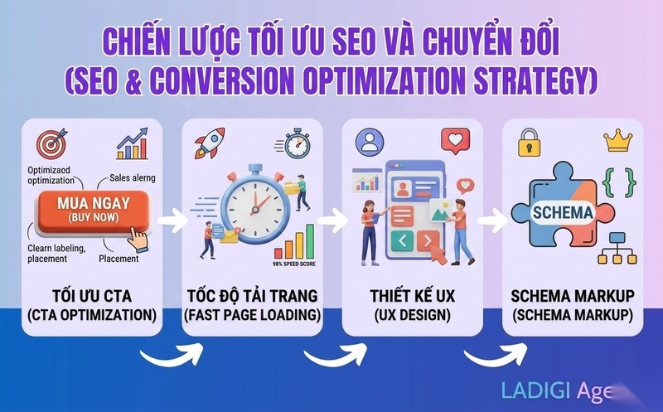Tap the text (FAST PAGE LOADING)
[x=251, y=316]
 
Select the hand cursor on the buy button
[x=137, y=238]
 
